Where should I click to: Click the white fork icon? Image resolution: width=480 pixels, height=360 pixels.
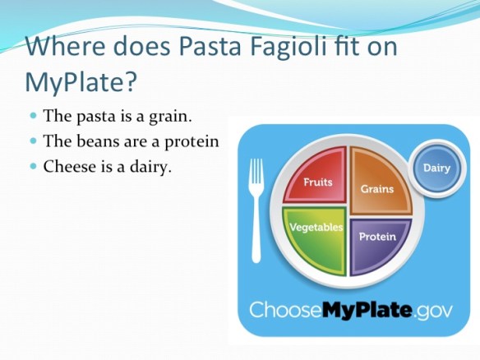[x=256, y=207]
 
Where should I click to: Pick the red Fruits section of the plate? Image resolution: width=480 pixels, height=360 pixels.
[x=316, y=178]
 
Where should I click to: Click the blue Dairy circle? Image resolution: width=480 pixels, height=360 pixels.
[x=436, y=168]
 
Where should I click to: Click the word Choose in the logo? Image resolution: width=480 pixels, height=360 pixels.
[x=284, y=310]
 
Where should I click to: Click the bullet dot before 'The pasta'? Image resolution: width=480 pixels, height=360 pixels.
[x=34, y=118]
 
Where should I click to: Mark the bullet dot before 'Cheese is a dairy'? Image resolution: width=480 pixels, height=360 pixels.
[x=34, y=166]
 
